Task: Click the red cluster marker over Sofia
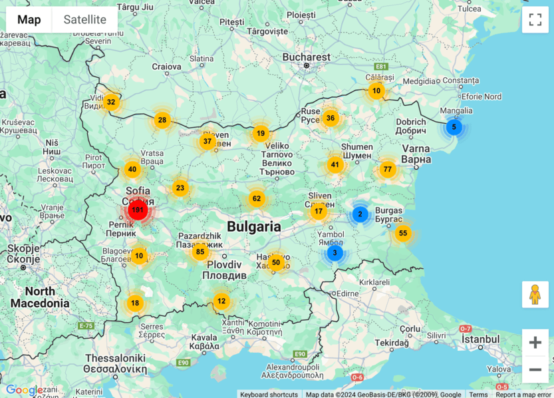(x=138, y=210)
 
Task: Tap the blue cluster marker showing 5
(x=454, y=127)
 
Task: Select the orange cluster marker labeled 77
(x=388, y=169)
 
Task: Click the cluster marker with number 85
(x=200, y=252)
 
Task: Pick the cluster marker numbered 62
(x=257, y=198)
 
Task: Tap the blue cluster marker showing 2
(x=360, y=214)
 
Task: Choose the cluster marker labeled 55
(x=402, y=233)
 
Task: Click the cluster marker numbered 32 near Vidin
(x=111, y=102)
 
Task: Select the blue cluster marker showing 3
(x=335, y=253)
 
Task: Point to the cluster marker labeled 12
(x=221, y=301)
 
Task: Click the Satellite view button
(x=84, y=19)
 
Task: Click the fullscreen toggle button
(x=535, y=19)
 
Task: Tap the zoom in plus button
(x=535, y=343)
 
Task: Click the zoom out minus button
(x=535, y=369)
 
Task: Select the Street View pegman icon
(x=535, y=294)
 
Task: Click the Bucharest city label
(x=306, y=57)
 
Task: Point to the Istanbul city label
(x=480, y=339)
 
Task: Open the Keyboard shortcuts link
(x=269, y=394)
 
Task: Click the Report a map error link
(x=524, y=394)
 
